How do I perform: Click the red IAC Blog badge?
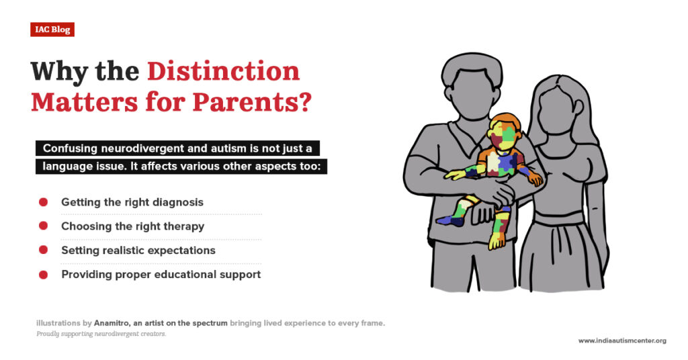(x=52, y=30)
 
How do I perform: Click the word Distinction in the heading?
(x=223, y=71)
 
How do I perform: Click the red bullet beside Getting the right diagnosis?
(x=43, y=202)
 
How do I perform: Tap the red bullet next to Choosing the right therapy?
(x=43, y=226)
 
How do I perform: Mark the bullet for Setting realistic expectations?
(x=43, y=250)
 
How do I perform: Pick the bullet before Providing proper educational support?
(x=43, y=275)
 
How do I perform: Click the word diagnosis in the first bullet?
(x=178, y=202)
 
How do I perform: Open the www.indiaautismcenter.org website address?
(x=622, y=341)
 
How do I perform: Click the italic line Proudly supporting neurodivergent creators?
(x=101, y=334)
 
